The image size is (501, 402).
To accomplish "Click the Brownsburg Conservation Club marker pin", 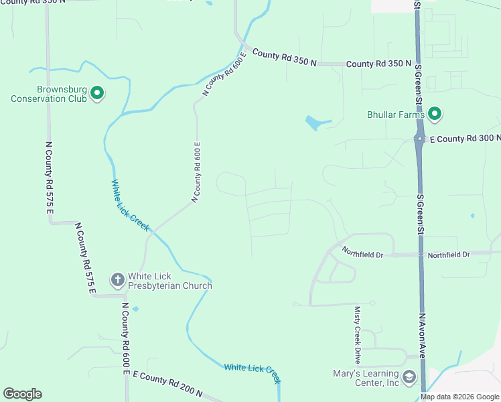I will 97,92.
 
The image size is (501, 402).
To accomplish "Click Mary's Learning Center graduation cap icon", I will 408,378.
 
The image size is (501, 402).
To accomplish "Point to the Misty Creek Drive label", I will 357,334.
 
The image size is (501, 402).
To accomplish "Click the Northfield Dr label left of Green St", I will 362,253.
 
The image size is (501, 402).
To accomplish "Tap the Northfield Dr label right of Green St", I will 449,255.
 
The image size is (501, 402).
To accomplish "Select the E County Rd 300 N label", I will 464,139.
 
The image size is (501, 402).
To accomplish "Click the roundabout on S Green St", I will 418,139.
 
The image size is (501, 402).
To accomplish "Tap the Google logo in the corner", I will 22,394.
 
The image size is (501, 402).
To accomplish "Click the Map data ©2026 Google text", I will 459,397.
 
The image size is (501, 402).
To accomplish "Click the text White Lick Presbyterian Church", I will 169,281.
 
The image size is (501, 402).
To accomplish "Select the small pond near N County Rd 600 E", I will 136,309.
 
